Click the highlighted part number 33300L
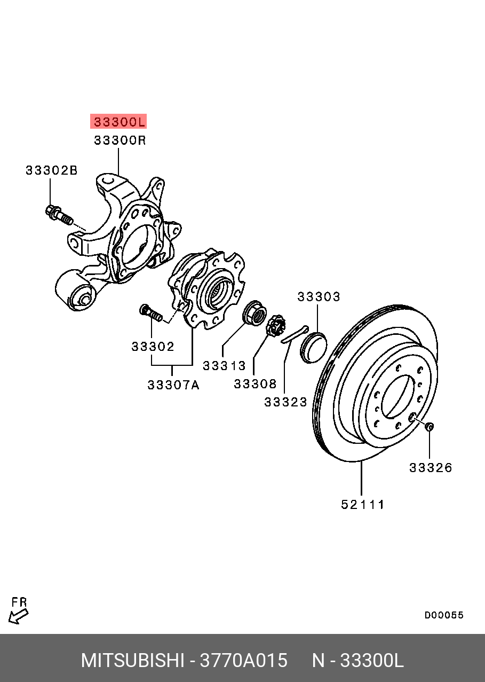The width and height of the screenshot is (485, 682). pyautogui.click(x=119, y=122)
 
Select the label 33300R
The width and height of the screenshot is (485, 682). pyautogui.click(x=120, y=140)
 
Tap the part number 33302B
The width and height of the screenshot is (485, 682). pyautogui.click(x=51, y=170)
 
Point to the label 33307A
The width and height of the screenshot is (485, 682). pyautogui.click(x=173, y=385)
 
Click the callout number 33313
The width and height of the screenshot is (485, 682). pyautogui.click(x=224, y=366)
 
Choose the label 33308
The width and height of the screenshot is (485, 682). pyautogui.click(x=255, y=383)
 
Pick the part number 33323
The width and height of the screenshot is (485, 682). pyautogui.click(x=285, y=402)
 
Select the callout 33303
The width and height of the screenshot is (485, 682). pyautogui.click(x=319, y=297)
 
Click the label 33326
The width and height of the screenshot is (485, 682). pyautogui.click(x=430, y=468)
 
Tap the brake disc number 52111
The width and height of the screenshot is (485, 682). pyautogui.click(x=363, y=504)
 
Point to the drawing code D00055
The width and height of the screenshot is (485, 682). pyautogui.click(x=444, y=615)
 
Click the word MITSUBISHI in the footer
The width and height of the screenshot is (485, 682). pyautogui.click(x=132, y=661)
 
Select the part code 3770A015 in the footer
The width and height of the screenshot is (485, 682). pyautogui.click(x=243, y=661)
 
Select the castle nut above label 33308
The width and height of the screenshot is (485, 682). pyautogui.click(x=275, y=325)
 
